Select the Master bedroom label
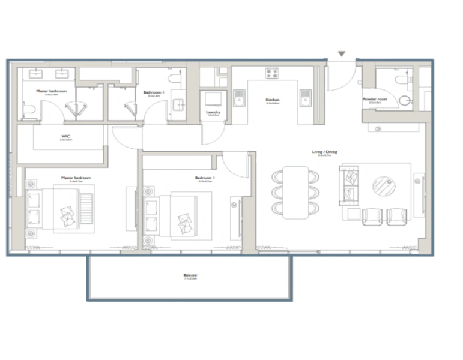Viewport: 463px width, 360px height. [76, 178]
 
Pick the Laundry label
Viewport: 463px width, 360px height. [213, 112]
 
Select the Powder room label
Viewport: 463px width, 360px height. [375, 99]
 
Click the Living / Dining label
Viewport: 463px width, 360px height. [324, 152]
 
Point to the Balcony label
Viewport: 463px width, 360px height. [190, 277]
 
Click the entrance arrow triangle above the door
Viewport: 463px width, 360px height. [342, 54]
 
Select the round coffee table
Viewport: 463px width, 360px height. [384, 186]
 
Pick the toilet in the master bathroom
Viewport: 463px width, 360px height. [29, 110]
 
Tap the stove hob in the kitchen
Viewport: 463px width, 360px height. [273, 73]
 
